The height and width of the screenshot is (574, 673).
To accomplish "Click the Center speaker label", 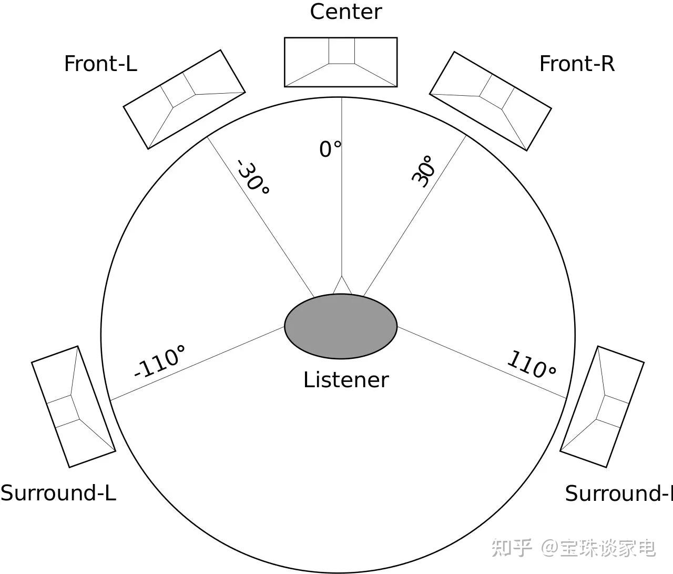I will point(345,12).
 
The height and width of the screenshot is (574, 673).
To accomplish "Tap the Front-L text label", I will point(100,64).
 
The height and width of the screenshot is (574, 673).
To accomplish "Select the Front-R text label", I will point(577,64).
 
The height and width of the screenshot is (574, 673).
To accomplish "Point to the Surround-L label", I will point(58,493).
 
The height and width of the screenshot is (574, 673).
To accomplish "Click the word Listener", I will point(345,379).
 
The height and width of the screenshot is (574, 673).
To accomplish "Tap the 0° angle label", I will point(330,149).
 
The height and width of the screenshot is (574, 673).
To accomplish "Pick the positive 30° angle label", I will point(423,171).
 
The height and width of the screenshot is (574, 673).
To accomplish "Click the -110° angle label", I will point(159,361).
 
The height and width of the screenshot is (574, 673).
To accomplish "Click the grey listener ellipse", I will point(340,326).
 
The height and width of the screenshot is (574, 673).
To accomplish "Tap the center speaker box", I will point(340,62).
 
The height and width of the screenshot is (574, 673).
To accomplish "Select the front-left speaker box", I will point(184,99).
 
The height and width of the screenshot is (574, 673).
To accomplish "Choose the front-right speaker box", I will point(490,101).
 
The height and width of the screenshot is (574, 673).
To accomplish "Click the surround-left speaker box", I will point(73,406).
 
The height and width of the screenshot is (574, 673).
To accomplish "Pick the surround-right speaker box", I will point(602,406).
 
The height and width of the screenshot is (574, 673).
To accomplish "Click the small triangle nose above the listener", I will point(342,286).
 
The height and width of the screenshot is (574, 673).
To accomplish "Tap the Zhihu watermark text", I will point(573,548).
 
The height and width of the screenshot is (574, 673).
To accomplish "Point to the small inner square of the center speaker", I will point(342,51).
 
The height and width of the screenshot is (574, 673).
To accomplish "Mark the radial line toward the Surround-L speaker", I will point(197,363).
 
